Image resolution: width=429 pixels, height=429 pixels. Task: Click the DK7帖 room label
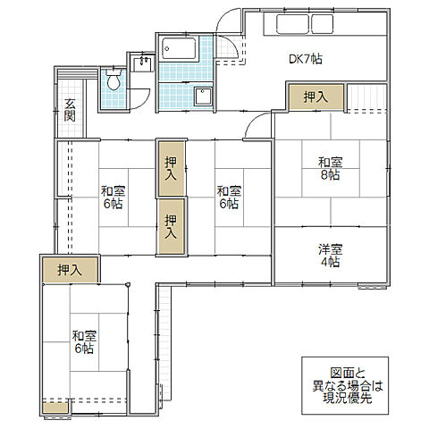click(x=306, y=59)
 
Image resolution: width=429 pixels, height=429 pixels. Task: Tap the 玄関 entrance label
click(x=70, y=110)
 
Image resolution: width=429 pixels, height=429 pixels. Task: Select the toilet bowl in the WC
click(x=114, y=80)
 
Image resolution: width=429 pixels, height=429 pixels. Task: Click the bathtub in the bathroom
click(x=179, y=48)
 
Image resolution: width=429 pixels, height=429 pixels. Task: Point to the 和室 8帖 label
click(x=331, y=169)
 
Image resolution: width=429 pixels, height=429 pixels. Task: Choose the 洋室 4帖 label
click(x=331, y=256)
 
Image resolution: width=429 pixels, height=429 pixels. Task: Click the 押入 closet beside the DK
click(x=315, y=97)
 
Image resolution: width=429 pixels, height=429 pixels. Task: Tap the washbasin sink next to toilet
click(x=142, y=63)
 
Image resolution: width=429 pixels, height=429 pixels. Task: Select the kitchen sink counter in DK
click(x=305, y=24)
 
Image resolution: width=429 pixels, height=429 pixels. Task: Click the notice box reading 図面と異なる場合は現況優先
click(x=345, y=385)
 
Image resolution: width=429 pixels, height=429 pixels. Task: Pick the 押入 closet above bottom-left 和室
click(x=70, y=270)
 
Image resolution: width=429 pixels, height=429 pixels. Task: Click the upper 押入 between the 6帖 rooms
click(x=171, y=169)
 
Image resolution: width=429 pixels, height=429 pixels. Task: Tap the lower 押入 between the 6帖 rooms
click(x=171, y=227)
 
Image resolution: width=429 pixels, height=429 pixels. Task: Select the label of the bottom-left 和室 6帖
click(x=84, y=342)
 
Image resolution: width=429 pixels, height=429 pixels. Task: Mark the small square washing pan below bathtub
click(x=204, y=96)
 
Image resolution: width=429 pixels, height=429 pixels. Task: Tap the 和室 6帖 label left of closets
click(x=114, y=198)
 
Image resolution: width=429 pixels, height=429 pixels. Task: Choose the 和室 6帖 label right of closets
click(x=229, y=198)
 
